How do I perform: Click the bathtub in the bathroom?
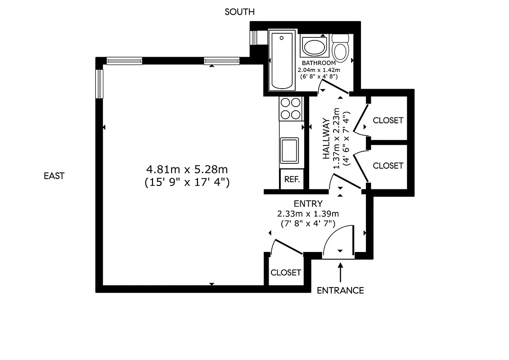(x=282, y=60)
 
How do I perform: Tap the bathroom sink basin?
(x=313, y=47)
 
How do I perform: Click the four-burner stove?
(x=290, y=108)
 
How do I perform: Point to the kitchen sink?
(x=289, y=150)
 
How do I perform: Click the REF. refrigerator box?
(x=292, y=179)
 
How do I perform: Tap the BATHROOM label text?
(x=319, y=63)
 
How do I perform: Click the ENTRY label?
(x=308, y=204)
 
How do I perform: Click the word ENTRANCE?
(x=340, y=290)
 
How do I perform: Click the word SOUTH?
(x=240, y=12)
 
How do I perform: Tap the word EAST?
(x=54, y=176)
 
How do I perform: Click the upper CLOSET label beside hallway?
(x=388, y=121)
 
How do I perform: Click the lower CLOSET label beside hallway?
(x=388, y=166)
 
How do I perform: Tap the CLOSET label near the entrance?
(x=285, y=273)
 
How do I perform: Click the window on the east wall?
(x=100, y=84)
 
